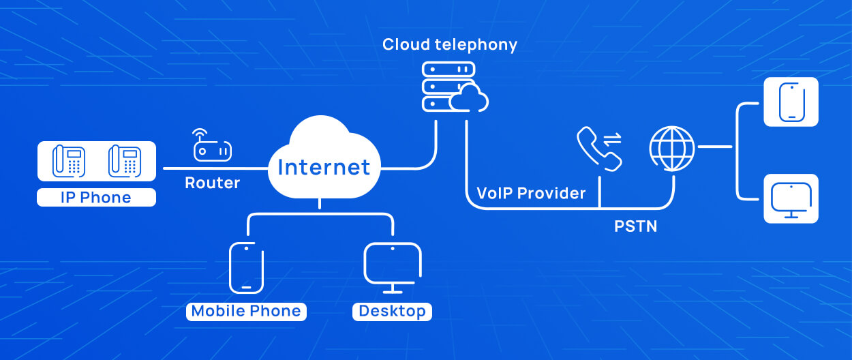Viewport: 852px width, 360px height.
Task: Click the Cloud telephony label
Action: (x=450, y=45)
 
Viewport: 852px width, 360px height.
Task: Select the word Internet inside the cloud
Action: (x=324, y=167)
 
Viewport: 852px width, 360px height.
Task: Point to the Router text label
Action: (x=213, y=183)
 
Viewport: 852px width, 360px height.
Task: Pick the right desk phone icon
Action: (x=124, y=160)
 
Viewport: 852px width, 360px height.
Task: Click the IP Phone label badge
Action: (x=96, y=198)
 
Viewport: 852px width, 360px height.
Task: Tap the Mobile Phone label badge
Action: (x=246, y=311)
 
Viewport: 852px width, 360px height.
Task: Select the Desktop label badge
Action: (x=392, y=311)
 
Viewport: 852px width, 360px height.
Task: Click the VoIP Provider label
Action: (x=531, y=193)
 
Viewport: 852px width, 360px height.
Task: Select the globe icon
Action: (x=672, y=147)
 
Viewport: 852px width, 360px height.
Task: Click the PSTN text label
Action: (x=635, y=226)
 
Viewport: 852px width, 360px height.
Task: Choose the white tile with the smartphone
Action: (x=791, y=102)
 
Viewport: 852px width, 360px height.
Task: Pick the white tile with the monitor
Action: (x=791, y=198)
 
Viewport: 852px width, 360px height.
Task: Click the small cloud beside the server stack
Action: (x=470, y=100)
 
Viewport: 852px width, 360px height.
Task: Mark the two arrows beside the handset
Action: (x=613, y=139)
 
